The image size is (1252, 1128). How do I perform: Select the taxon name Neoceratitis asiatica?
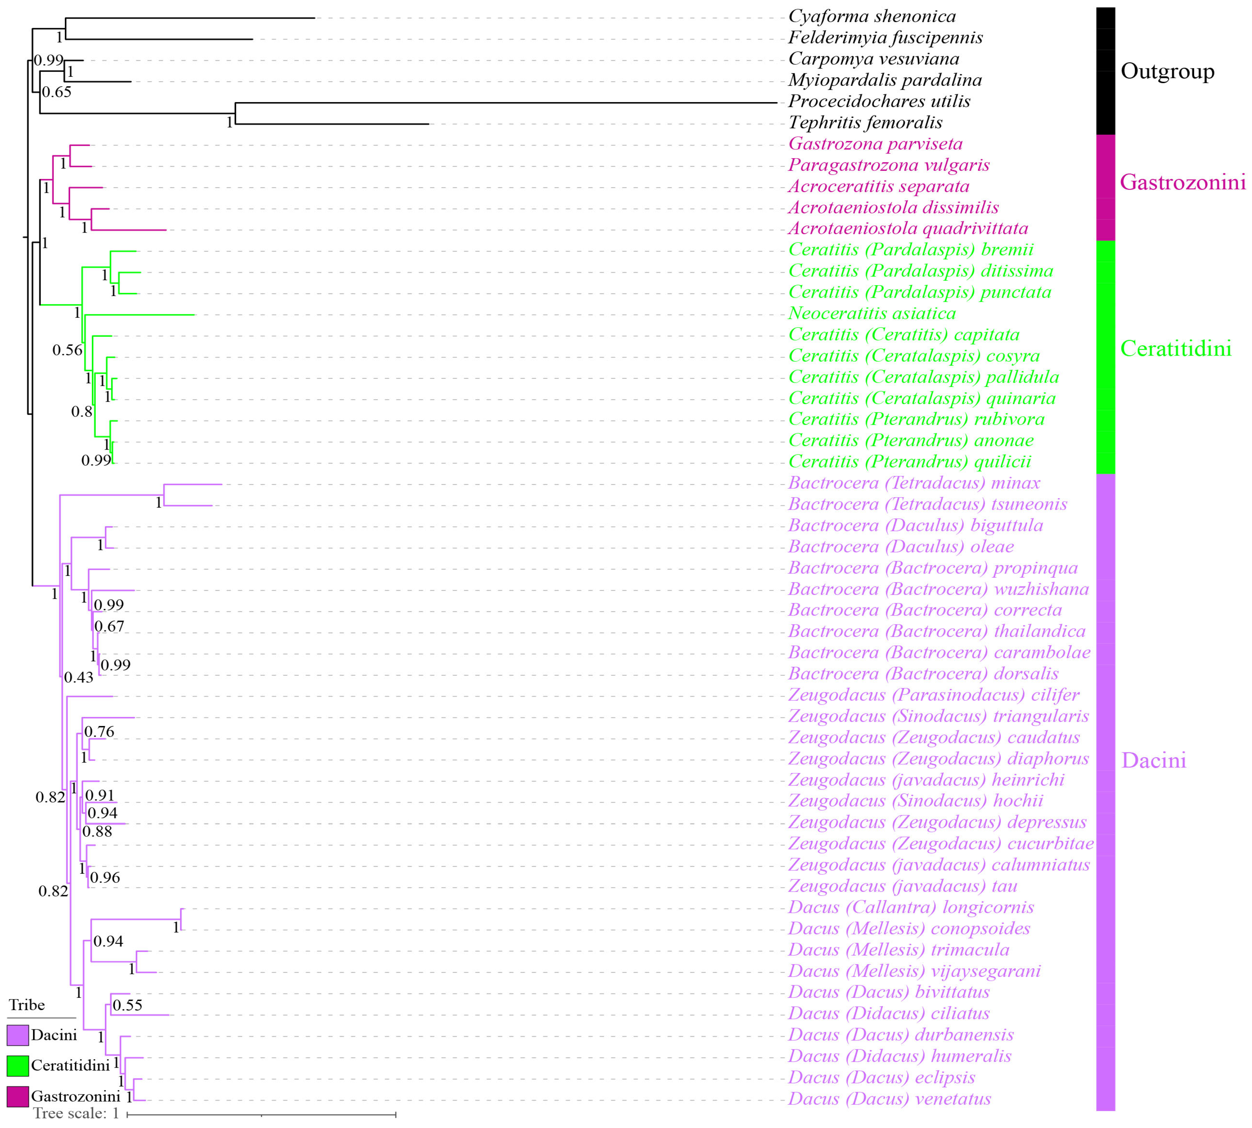coord(871,314)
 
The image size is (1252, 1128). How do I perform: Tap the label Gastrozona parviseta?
coord(875,144)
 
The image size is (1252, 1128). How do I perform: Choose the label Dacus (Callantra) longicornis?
coord(910,907)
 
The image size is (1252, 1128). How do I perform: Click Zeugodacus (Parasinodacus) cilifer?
coord(934,695)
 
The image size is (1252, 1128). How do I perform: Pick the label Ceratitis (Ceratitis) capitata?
coord(904,335)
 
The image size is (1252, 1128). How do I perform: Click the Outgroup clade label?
coord(1167,71)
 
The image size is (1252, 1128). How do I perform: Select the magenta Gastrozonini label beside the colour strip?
coord(1183,182)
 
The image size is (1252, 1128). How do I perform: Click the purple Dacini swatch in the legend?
coord(18,1035)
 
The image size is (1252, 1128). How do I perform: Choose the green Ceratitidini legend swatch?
coord(18,1066)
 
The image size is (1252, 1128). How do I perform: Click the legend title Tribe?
coord(27,1005)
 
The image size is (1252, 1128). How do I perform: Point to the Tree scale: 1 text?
coord(76,1113)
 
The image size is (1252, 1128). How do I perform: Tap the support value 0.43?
coord(79,677)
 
